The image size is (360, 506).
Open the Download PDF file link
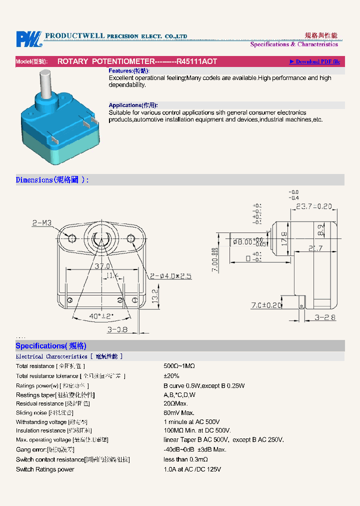click(x=314, y=61)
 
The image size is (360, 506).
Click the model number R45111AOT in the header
click(x=197, y=61)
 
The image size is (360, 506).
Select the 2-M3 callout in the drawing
click(x=42, y=223)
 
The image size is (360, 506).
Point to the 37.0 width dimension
click(x=102, y=266)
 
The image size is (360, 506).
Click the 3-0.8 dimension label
click(x=117, y=329)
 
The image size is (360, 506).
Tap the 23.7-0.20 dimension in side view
click(x=314, y=206)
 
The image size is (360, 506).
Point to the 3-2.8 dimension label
click(x=325, y=317)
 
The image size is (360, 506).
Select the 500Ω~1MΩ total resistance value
click(x=179, y=366)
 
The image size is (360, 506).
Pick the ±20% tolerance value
click(x=171, y=376)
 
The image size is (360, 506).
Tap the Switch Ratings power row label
click(x=45, y=469)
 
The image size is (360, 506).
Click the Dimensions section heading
click(x=52, y=180)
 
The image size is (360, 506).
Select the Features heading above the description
click(x=129, y=71)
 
